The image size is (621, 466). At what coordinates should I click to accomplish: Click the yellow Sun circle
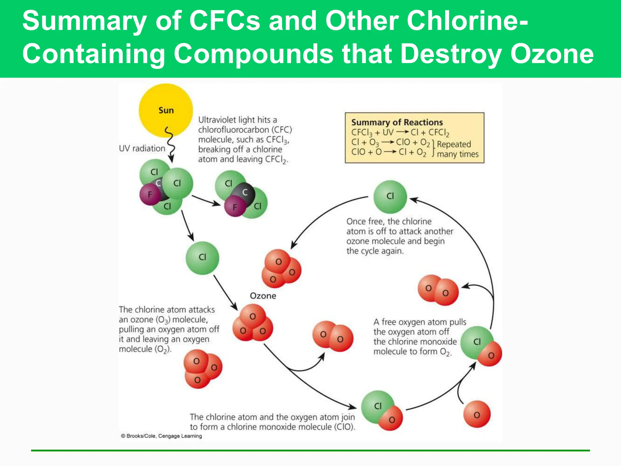pyautogui.click(x=166, y=110)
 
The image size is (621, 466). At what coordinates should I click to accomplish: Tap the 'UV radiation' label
pyautogui.click(x=142, y=148)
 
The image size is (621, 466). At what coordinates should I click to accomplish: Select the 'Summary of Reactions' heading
pyautogui.click(x=397, y=122)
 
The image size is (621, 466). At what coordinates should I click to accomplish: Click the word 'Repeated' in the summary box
pyautogui.click(x=454, y=144)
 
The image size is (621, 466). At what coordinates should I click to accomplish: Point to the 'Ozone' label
pyautogui.click(x=263, y=296)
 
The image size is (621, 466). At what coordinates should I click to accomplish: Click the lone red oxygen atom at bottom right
pyautogui.click(x=477, y=414)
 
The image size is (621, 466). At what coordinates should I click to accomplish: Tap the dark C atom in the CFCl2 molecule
pyautogui.click(x=245, y=192)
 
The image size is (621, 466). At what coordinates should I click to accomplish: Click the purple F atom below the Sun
pyautogui.click(x=150, y=194)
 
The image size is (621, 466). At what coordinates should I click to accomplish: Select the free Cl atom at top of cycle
pyautogui.click(x=390, y=196)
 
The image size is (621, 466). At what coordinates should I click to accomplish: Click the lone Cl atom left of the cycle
pyautogui.click(x=202, y=258)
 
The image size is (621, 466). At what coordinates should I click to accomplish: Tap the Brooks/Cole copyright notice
pyautogui.click(x=161, y=436)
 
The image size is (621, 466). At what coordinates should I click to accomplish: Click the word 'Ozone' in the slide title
pyautogui.click(x=552, y=54)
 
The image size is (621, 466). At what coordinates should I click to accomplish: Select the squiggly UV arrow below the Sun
pyautogui.click(x=170, y=143)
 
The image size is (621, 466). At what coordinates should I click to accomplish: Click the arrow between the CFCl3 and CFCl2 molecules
pyautogui.click(x=206, y=200)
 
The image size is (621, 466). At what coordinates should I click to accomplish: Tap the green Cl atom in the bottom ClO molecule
pyautogui.click(x=377, y=405)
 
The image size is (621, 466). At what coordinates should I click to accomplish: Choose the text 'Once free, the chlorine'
pyautogui.click(x=389, y=221)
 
